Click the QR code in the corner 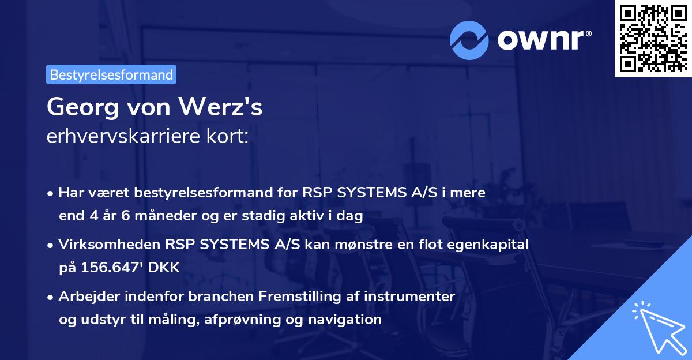[x=652, y=38]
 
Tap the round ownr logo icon [x=469, y=40]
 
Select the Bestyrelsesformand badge [x=111, y=74]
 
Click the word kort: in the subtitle [x=229, y=137]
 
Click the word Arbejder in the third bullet [x=85, y=297]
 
